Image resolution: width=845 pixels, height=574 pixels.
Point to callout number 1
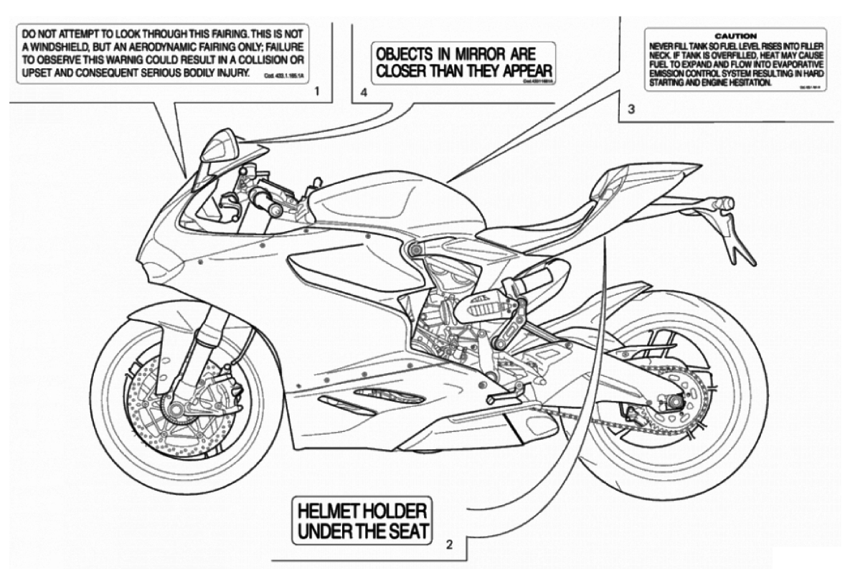316,93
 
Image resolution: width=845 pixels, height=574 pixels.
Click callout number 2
449,543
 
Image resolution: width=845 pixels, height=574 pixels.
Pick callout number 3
631,110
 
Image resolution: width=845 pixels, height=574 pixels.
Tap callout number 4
364,93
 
